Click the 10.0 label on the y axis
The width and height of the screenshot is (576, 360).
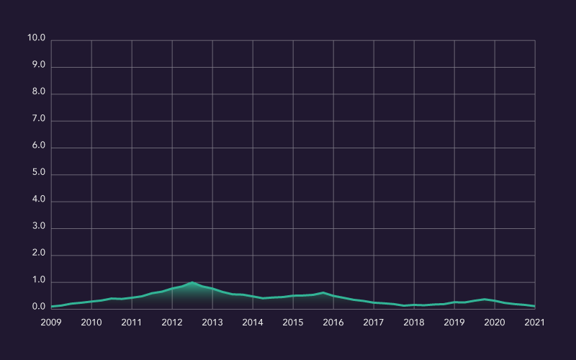click(x=36, y=38)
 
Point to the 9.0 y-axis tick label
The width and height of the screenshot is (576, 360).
click(x=36, y=66)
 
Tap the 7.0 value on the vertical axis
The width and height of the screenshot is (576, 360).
click(x=36, y=120)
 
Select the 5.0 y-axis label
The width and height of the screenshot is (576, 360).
click(x=36, y=174)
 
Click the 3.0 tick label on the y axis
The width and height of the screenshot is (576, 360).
click(x=36, y=227)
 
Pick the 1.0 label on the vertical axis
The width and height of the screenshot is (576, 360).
click(x=36, y=281)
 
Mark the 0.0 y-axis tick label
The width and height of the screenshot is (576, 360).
click(x=36, y=307)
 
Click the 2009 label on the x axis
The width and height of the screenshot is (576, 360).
click(x=51, y=323)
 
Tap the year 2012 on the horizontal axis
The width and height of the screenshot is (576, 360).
click(x=172, y=323)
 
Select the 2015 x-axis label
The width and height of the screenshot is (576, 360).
click(x=293, y=323)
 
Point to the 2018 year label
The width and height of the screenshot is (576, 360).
click(x=414, y=323)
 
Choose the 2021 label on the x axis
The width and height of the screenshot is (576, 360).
click(x=535, y=323)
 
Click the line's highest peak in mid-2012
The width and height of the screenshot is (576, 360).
click(x=192, y=282)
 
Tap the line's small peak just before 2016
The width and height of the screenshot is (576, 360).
click(x=323, y=292)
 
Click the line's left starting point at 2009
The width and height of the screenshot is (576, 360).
click(x=52, y=307)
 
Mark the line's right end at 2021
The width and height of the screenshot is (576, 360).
click(x=535, y=306)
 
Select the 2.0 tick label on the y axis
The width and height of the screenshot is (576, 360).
click(x=36, y=254)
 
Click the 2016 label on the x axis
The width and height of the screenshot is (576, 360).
click(x=333, y=323)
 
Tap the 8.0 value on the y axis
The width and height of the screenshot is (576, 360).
click(x=36, y=93)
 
